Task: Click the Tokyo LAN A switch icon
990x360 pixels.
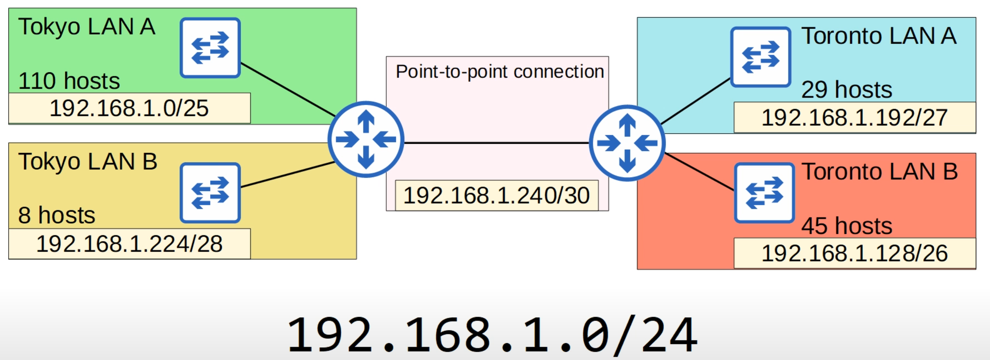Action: [x=210, y=48]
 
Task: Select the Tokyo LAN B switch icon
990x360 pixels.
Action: [x=210, y=192]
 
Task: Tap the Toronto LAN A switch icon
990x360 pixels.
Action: [x=760, y=57]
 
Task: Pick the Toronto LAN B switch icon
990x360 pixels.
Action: [x=764, y=192]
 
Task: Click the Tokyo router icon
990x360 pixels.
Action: [x=365, y=139]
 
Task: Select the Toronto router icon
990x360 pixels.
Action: [x=627, y=143]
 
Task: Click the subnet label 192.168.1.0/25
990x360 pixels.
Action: [x=129, y=108]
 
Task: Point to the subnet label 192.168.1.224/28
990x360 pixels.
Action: [x=129, y=244]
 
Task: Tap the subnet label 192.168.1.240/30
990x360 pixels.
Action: [x=496, y=196]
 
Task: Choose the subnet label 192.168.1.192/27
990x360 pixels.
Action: [x=854, y=118]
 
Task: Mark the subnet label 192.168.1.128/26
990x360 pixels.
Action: [x=854, y=254]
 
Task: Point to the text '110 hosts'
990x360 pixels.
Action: [x=69, y=81]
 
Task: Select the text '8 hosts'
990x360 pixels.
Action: [x=57, y=215]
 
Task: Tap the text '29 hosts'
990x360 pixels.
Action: [x=846, y=90]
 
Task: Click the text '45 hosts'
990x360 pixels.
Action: [x=846, y=226]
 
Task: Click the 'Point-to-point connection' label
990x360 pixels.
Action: [x=500, y=72]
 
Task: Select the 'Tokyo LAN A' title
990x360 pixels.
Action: [x=87, y=27]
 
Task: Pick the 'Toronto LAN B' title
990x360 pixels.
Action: [x=879, y=171]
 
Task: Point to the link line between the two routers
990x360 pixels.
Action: [x=496, y=143]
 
